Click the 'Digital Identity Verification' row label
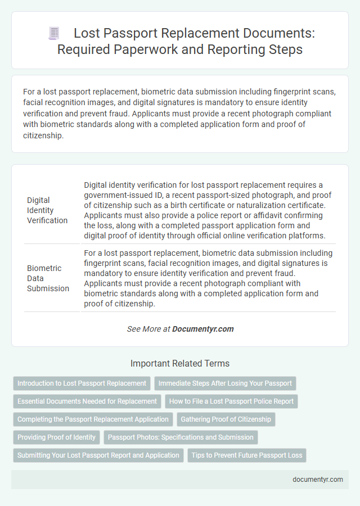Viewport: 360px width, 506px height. (x=47, y=210)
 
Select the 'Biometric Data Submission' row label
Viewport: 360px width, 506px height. (x=48, y=278)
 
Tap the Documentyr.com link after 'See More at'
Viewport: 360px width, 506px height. (x=203, y=329)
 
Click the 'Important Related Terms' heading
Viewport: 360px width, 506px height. (x=180, y=363)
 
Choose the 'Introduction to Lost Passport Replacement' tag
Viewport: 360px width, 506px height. (x=82, y=383)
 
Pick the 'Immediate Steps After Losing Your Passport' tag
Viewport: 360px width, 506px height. (x=225, y=383)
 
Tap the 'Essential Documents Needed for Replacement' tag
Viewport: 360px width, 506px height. (x=87, y=401)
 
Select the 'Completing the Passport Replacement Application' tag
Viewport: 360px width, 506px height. (x=93, y=419)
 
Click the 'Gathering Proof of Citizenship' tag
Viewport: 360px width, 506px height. (x=226, y=419)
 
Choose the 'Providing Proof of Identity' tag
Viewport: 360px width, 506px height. (x=56, y=437)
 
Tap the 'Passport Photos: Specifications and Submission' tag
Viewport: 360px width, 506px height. (x=181, y=437)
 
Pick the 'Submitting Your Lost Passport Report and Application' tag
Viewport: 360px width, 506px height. (x=98, y=455)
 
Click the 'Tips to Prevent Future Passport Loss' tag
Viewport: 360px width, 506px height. (x=246, y=455)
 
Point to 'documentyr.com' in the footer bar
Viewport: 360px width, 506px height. (x=317, y=480)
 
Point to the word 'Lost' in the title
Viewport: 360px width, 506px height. (x=87, y=34)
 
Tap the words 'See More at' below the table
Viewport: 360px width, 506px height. (x=148, y=329)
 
